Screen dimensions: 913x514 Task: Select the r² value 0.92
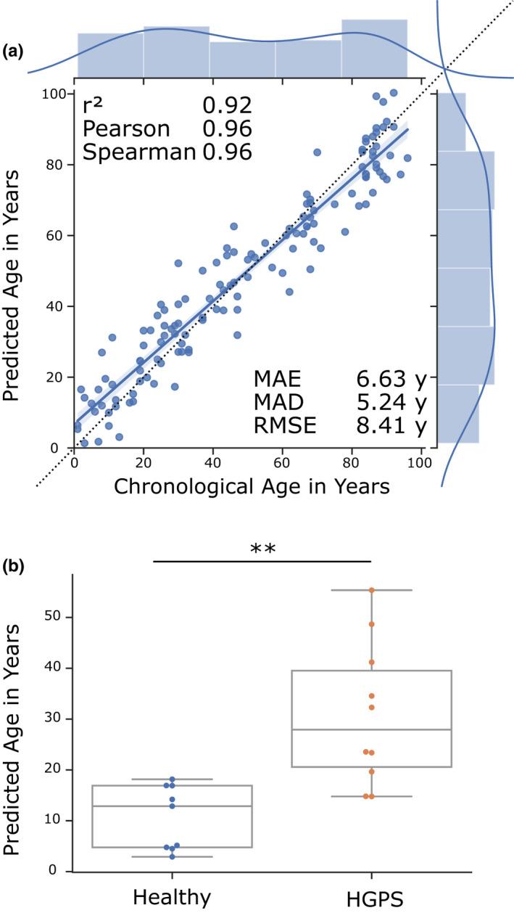[x=227, y=106]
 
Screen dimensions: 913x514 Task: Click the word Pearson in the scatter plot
[x=126, y=129]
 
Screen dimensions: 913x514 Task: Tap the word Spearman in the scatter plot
[x=138, y=152]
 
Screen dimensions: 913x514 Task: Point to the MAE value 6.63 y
[x=391, y=379]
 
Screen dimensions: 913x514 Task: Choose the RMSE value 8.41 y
[x=391, y=426]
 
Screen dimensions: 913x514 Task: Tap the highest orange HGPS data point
[x=372, y=590]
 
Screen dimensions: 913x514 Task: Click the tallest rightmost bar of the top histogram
[x=374, y=48]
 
